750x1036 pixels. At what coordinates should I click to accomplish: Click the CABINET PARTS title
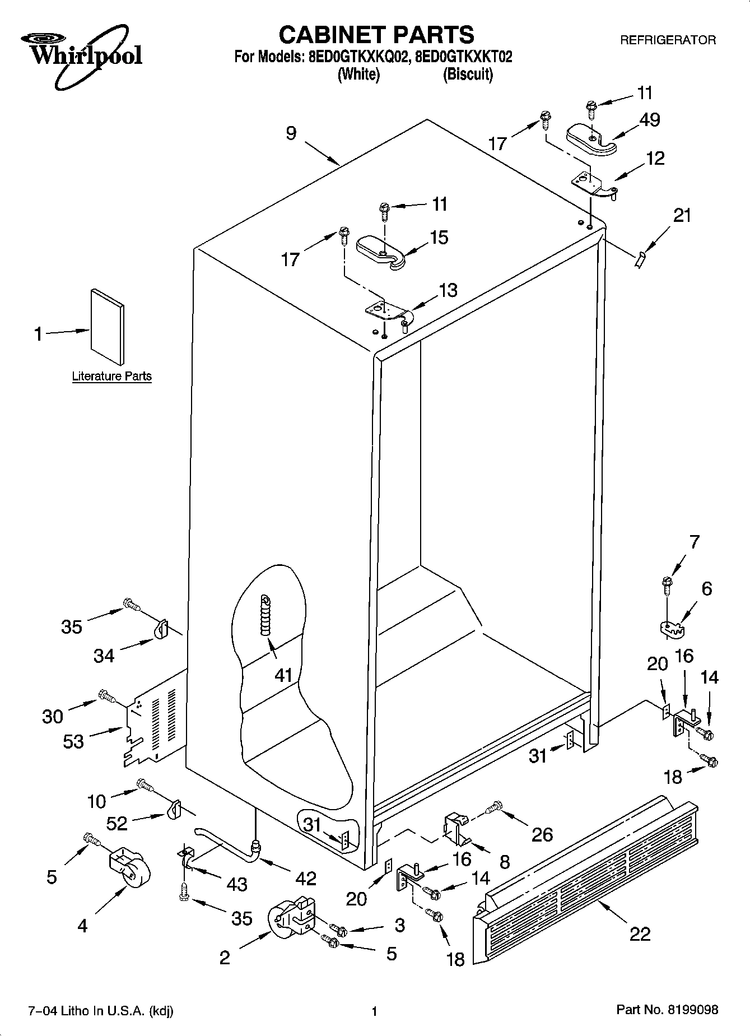point(376,35)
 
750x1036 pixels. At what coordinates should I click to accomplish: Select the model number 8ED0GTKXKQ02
point(356,57)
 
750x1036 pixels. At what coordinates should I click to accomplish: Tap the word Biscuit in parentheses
point(468,75)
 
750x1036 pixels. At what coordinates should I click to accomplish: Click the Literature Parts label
point(111,376)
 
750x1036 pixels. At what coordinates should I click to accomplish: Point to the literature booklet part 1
point(108,327)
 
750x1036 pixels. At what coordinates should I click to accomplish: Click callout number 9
point(291,133)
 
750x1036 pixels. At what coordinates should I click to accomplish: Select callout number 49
point(649,119)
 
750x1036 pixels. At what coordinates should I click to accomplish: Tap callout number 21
point(682,215)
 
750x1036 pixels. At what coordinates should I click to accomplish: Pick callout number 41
point(283,675)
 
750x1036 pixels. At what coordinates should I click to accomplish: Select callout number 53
point(73,741)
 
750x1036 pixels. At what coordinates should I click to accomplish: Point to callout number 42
point(306,878)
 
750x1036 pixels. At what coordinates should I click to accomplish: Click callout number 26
point(542,834)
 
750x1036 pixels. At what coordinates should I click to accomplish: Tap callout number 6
point(706,588)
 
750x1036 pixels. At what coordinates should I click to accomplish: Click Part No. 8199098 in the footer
point(667,1010)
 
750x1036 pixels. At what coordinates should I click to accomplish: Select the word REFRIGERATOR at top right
point(667,40)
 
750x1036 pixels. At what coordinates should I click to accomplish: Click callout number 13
point(448,290)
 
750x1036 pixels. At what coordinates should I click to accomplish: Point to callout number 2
point(224,958)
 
